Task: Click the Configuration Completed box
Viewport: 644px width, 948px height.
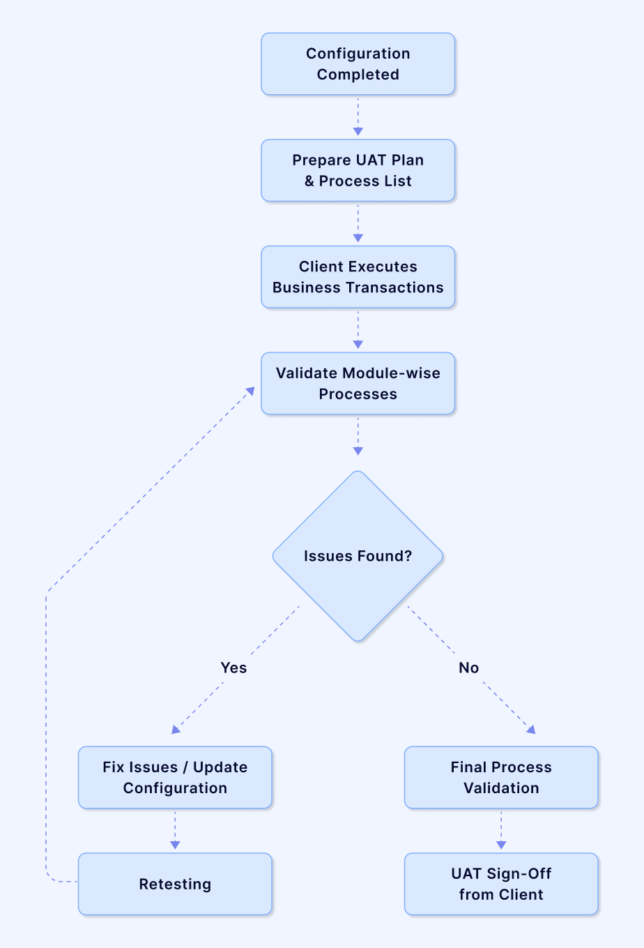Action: pos(358,64)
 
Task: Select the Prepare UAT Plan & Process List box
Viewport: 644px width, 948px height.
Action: pos(358,171)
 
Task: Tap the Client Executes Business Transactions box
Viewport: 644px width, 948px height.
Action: pos(358,277)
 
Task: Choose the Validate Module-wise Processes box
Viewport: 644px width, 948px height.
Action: pos(358,384)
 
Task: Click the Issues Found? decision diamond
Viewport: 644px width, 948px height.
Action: pos(358,556)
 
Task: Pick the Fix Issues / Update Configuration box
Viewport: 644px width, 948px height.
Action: pos(175,778)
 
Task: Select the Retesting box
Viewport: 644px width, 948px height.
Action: pos(175,884)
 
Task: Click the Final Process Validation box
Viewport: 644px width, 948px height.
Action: pos(501,778)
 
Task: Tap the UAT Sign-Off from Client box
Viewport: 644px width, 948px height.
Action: pos(501,884)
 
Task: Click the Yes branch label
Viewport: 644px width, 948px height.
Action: pos(233,668)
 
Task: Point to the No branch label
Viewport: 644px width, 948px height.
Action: pos(468,668)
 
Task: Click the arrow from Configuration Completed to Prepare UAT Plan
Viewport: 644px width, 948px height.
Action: pos(358,116)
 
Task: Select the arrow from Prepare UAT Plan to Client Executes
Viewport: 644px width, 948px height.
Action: pos(358,223)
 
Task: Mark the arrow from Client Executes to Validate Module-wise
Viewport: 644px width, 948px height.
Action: pos(358,329)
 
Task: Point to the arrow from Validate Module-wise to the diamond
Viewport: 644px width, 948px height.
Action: pos(358,437)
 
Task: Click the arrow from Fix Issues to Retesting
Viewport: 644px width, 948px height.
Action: pos(175,830)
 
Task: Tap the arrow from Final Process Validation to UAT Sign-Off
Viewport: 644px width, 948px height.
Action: pos(501,830)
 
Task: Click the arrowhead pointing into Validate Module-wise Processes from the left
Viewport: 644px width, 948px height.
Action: pos(250,392)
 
